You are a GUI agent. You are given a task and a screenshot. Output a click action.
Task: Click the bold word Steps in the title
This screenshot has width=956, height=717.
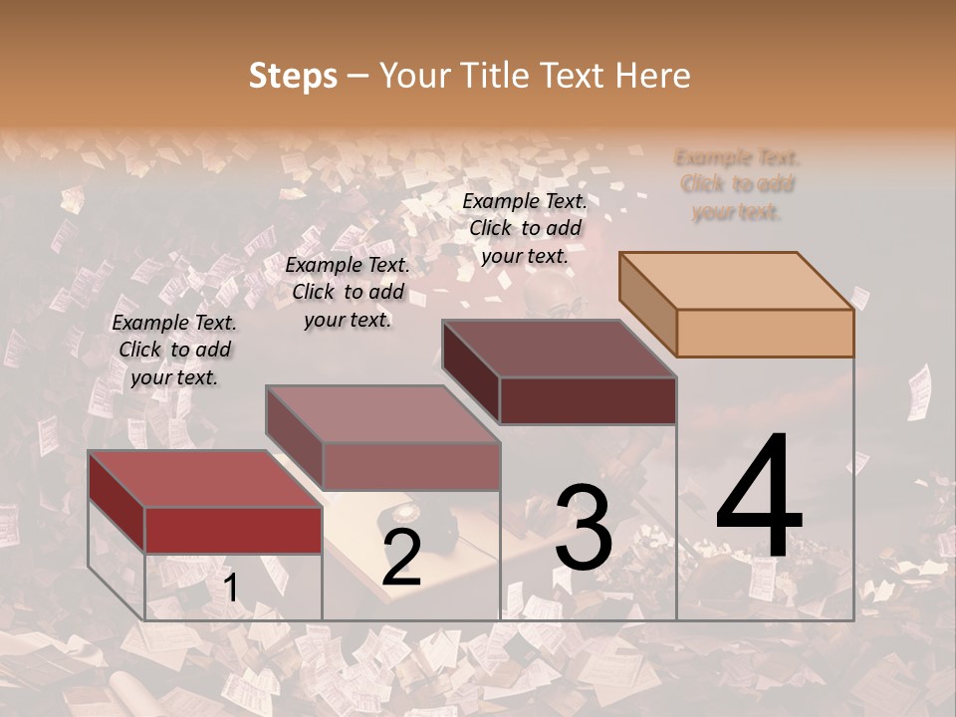click(293, 76)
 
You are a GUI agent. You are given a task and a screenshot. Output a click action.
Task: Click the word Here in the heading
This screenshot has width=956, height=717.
click(653, 76)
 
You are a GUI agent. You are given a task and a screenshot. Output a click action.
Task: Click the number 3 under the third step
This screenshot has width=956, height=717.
click(584, 528)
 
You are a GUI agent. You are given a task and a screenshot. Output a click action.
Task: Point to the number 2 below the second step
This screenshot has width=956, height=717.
click(401, 558)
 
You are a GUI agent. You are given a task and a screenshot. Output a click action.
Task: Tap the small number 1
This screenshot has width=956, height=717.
click(230, 588)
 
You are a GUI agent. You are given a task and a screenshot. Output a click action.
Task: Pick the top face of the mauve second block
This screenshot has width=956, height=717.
click(382, 414)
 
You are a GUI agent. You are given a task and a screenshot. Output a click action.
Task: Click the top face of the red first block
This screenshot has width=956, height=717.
click(205, 479)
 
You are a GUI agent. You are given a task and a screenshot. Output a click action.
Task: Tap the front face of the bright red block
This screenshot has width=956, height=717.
click(233, 530)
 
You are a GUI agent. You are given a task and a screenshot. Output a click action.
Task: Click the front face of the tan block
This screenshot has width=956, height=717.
click(765, 333)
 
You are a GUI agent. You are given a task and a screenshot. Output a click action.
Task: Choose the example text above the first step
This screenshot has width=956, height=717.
click(174, 351)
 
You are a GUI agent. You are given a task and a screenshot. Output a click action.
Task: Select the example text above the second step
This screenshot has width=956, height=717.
click(348, 293)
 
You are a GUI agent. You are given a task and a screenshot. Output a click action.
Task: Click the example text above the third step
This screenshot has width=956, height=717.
click(525, 228)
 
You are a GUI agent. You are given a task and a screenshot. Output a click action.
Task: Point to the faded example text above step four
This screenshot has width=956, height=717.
click(737, 184)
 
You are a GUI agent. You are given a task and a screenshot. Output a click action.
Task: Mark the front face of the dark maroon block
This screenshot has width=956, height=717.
click(588, 400)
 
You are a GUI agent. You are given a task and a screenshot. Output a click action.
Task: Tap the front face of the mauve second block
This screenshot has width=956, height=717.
click(410, 466)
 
